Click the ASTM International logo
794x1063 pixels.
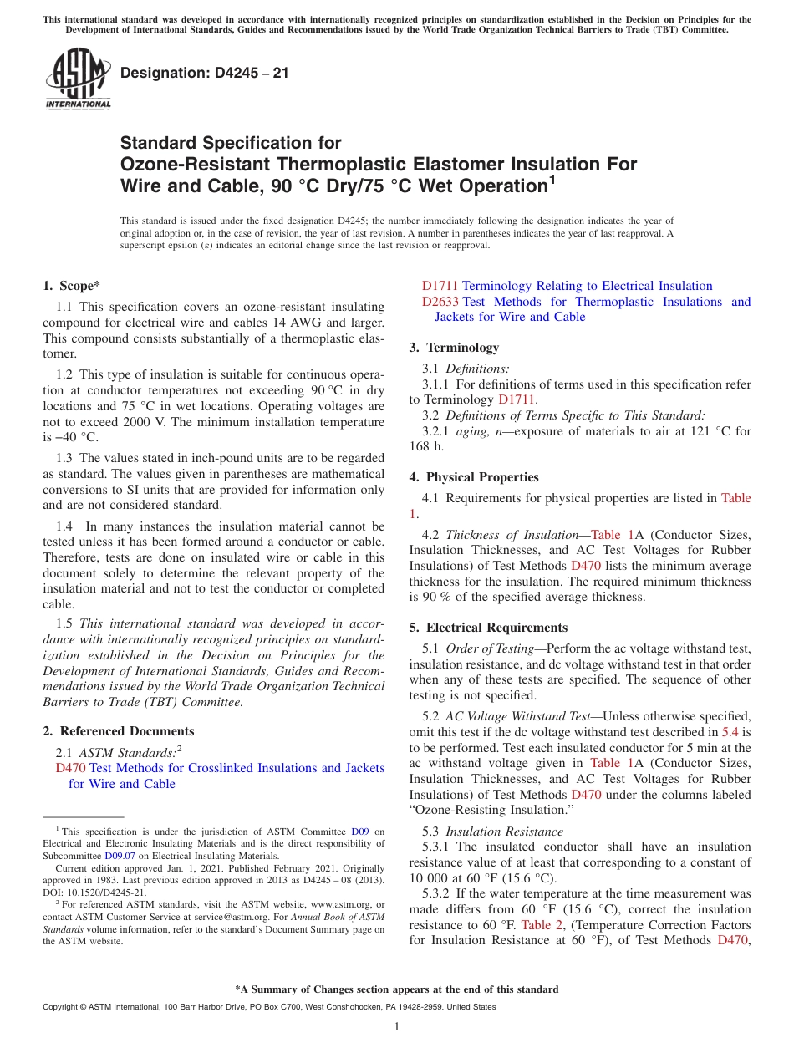(77, 79)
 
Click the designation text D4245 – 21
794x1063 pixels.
(205, 73)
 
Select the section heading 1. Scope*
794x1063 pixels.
(72, 286)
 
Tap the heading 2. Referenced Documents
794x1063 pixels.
(119, 731)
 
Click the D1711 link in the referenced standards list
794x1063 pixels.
(440, 286)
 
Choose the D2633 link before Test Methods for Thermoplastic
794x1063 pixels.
(440, 302)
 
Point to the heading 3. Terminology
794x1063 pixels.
(454, 348)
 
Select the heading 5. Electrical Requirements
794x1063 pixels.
(488, 628)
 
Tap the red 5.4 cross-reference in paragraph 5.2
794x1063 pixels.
(730, 731)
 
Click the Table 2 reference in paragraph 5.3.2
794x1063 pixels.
(537, 925)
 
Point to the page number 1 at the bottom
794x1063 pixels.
(397, 1027)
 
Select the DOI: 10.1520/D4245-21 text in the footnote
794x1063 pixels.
(94, 892)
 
